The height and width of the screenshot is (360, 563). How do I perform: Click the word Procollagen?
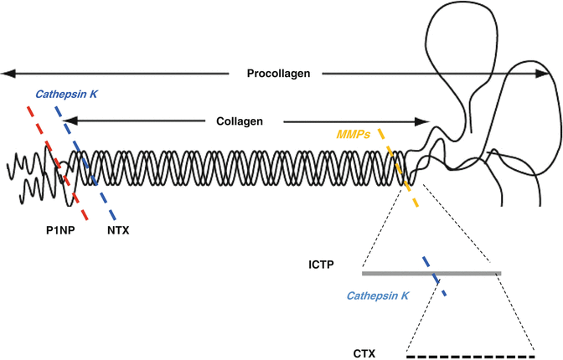pyautogui.click(x=278, y=74)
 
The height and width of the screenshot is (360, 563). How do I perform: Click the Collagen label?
pyautogui.click(x=239, y=121)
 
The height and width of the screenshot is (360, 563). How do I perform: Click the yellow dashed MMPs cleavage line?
pyautogui.click(x=397, y=167)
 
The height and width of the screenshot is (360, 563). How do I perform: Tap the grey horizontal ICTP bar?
pyautogui.click(x=469, y=273)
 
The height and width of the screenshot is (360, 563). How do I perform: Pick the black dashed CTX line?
pyautogui.click(x=470, y=357)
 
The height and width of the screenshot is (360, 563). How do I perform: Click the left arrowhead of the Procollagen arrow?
pyautogui.click(x=7, y=74)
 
